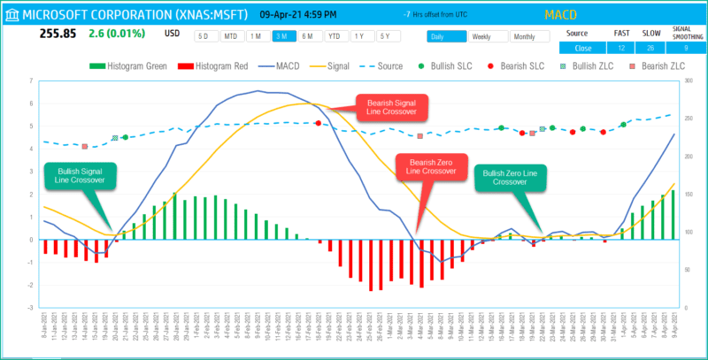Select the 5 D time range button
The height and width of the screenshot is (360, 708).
point(205,36)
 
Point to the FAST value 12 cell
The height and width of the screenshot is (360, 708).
point(622,48)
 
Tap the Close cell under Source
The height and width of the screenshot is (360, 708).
point(583,48)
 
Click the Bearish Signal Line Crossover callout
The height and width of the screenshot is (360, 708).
point(391,108)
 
